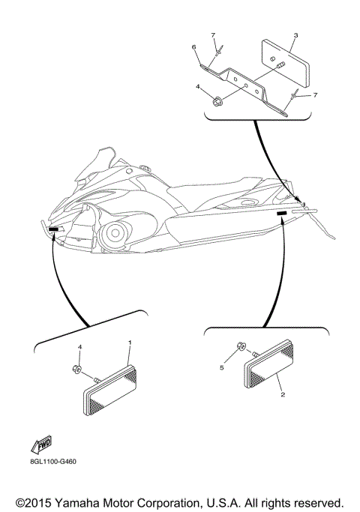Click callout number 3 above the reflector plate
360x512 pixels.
[x=295, y=35]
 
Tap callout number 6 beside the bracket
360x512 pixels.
[x=193, y=47]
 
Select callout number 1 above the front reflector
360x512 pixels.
[x=130, y=343]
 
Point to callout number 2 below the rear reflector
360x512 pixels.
[x=283, y=394]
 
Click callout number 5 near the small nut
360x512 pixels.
[x=222, y=367]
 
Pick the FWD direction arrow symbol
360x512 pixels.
[x=41, y=445]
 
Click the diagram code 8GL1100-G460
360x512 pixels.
[x=52, y=462]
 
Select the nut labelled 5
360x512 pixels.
[x=241, y=346]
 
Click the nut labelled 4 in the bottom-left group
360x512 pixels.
[x=76, y=370]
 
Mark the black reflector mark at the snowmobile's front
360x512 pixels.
[x=53, y=229]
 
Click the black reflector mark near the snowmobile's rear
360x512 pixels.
[x=281, y=213]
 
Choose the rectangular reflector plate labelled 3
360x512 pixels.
[x=285, y=64]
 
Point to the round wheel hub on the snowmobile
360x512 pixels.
[x=115, y=233]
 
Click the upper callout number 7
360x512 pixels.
[x=213, y=35]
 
